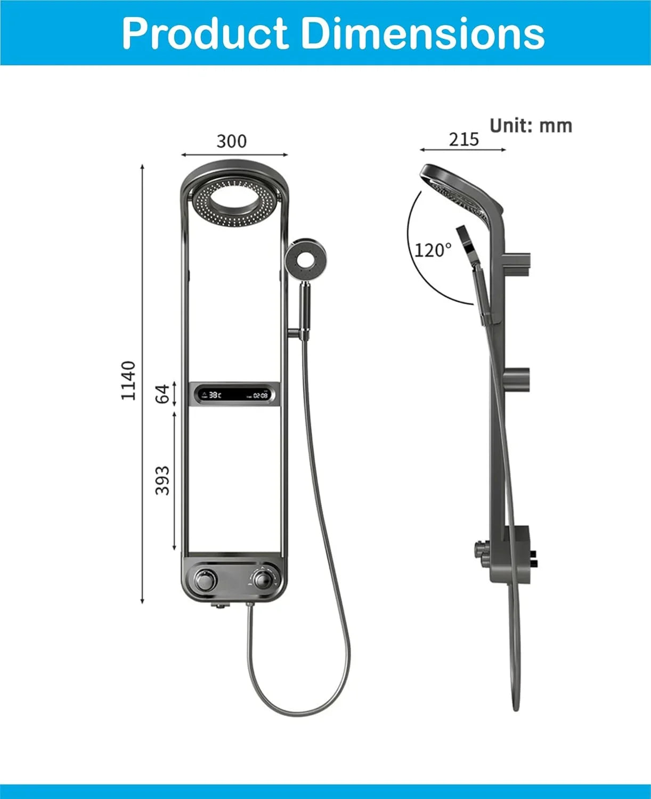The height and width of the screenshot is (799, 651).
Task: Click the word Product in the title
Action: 205,33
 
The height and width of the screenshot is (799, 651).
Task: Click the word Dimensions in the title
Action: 423,33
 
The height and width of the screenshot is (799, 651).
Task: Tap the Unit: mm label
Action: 531,126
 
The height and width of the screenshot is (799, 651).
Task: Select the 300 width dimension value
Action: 232,141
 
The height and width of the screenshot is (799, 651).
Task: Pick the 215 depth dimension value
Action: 463,139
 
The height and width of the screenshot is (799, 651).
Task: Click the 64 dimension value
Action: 162,394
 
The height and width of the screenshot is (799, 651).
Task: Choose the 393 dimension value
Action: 162,480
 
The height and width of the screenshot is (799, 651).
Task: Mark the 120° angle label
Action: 433,250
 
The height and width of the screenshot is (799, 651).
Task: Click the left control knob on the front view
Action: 204,578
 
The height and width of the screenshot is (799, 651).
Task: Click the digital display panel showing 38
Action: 234,395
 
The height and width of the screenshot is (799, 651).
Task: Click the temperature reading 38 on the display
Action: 214,395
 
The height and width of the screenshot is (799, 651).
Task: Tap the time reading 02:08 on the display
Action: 260,396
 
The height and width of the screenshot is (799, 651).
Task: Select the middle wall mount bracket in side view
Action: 517,379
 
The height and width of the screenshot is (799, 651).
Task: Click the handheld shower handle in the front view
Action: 305,309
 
